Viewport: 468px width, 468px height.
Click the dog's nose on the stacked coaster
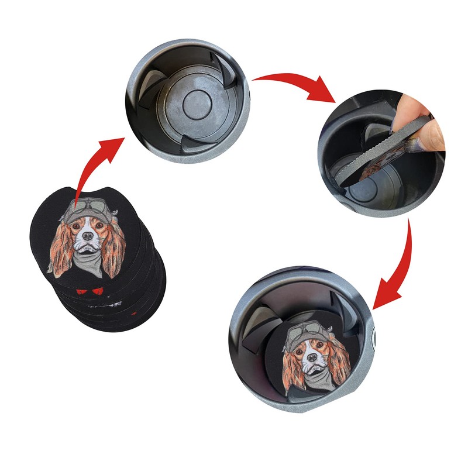pos(87,235)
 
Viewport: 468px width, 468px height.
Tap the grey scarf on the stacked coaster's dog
pos(88,257)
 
